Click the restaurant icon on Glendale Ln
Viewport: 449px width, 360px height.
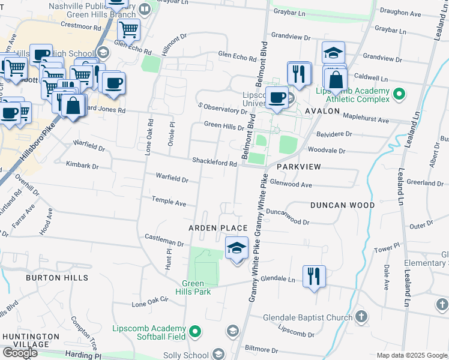[314, 276]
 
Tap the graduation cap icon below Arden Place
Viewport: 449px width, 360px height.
[237, 247]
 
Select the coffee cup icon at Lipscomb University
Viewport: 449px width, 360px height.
[277, 97]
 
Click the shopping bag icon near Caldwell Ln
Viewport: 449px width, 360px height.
[337, 79]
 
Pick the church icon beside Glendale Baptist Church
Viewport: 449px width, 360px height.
[361, 316]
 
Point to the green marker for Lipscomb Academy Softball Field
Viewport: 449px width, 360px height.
[195, 331]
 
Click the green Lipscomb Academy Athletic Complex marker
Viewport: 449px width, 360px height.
[399, 94]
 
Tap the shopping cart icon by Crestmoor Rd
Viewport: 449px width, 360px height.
[128, 28]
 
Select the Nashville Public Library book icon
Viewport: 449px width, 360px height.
[145, 9]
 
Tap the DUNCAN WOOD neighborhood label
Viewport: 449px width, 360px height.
[342, 205]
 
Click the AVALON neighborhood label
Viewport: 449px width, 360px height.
[322, 112]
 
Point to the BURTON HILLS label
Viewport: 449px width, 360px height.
[56, 278]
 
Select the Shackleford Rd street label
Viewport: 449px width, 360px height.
[214, 162]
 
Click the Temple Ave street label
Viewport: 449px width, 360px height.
[169, 202]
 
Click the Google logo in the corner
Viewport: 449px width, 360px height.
[20, 352]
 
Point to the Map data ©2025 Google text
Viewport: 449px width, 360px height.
[412, 355]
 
